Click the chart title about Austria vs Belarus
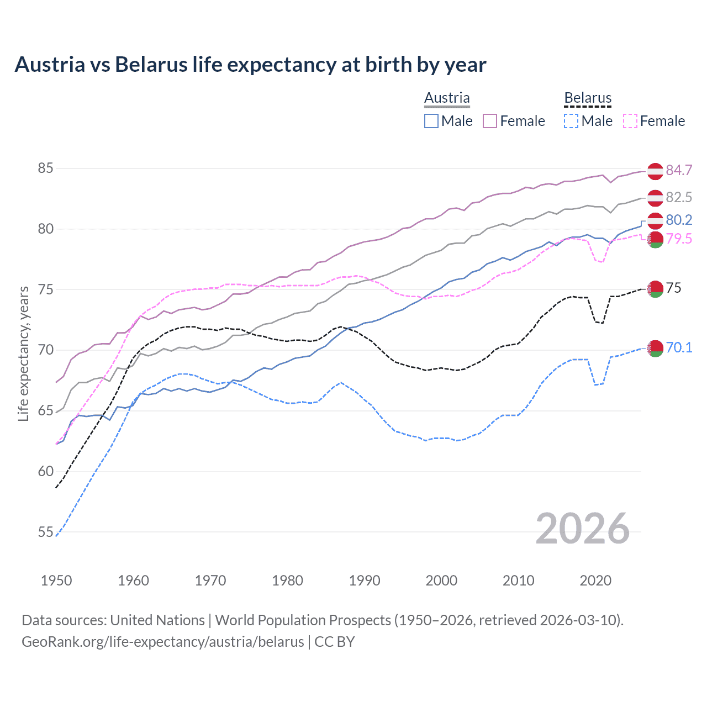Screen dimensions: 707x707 pyautogui.click(x=250, y=65)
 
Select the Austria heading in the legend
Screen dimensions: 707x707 pyautogui.click(x=447, y=98)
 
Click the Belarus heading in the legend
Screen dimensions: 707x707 pyautogui.click(x=588, y=98)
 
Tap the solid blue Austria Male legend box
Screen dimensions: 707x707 pyautogui.click(x=431, y=121)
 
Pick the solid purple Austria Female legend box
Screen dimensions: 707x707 pyautogui.click(x=490, y=121)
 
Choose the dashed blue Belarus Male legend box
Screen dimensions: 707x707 pyautogui.click(x=571, y=121)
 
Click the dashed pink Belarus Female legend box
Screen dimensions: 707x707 pyautogui.click(x=630, y=121)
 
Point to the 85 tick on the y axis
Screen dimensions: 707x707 pyautogui.click(x=45, y=168)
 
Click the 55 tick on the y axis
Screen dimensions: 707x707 pyautogui.click(x=45, y=532)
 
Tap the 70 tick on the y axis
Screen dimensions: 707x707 pyautogui.click(x=45, y=350)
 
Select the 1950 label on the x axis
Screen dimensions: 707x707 pyautogui.click(x=56, y=581)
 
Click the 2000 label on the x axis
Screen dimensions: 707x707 pyautogui.click(x=441, y=581)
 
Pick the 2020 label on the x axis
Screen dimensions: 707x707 pyautogui.click(x=595, y=581)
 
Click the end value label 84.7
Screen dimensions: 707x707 pyautogui.click(x=679, y=170)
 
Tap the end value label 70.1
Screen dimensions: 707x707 pyautogui.click(x=679, y=347)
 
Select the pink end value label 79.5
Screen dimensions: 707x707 pyautogui.click(x=679, y=239)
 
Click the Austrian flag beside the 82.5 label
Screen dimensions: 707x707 pyautogui.click(x=655, y=198)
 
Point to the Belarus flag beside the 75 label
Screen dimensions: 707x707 pyautogui.click(x=655, y=288)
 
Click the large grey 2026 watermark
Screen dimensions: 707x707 pyautogui.click(x=583, y=529)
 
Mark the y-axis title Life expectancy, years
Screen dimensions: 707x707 pyautogui.click(x=23, y=353)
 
